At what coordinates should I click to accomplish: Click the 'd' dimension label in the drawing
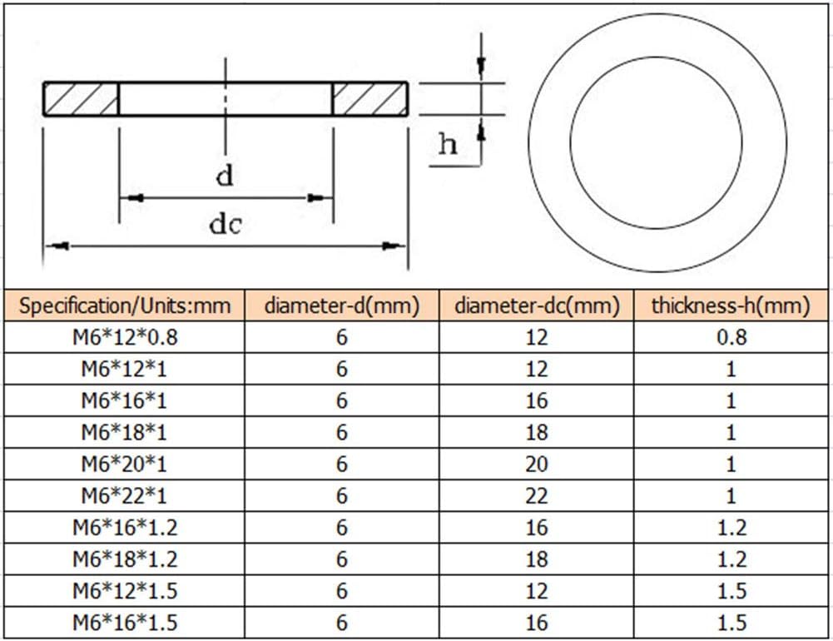225,176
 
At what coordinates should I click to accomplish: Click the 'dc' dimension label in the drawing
225,224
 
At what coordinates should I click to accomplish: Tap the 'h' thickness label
448,145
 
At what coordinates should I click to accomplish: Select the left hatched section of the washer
81,98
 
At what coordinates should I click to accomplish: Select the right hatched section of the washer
370,98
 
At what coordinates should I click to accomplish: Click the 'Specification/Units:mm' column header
124,306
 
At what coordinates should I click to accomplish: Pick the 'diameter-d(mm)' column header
341,306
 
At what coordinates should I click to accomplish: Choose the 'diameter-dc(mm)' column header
537,306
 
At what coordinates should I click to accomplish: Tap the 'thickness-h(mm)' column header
731,306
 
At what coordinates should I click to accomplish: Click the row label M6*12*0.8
124,337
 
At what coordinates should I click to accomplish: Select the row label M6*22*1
124,496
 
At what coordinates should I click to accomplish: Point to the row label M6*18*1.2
124,559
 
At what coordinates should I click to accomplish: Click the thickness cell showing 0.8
731,337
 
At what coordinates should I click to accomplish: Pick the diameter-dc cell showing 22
537,496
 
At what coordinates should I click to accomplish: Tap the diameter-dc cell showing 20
537,465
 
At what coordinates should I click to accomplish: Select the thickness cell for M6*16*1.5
731,623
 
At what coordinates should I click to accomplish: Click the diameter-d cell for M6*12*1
341,369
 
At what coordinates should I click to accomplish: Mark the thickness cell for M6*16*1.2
731,528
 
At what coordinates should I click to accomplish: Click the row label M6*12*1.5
124,591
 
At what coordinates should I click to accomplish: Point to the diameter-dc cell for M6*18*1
537,433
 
